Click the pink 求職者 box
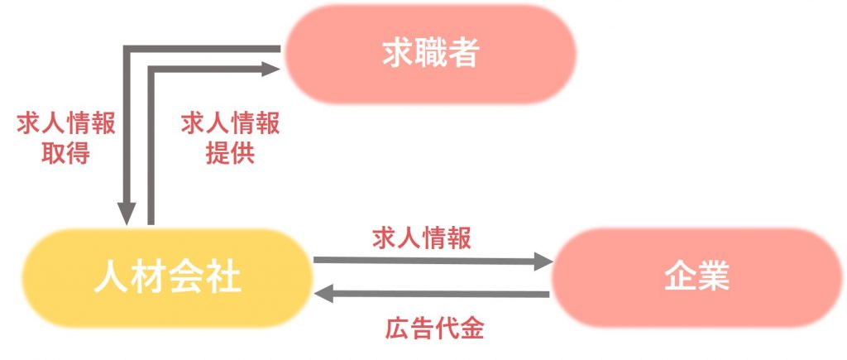[x=430, y=54]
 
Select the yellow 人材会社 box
[x=167, y=278]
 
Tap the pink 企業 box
[x=696, y=277]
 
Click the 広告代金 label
[x=434, y=328]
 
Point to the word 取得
[x=66, y=153]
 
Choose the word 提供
[x=230, y=153]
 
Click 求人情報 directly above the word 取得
[x=66, y=124]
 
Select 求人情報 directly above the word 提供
[x=230, y=124]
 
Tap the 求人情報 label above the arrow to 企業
[x=422, y=238]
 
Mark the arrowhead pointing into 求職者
[x=270, y=69]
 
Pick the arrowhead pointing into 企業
[x=543, y=262]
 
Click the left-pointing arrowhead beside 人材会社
[x=324, y=295]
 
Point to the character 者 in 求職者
[x=463, y=54]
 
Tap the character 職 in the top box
[x=430, y=54]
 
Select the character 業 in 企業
[x=713, y=277]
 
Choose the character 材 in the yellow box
[x=149, y=278]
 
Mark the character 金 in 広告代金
[x=471, y=328]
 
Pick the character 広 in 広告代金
[x=398, y=328]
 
